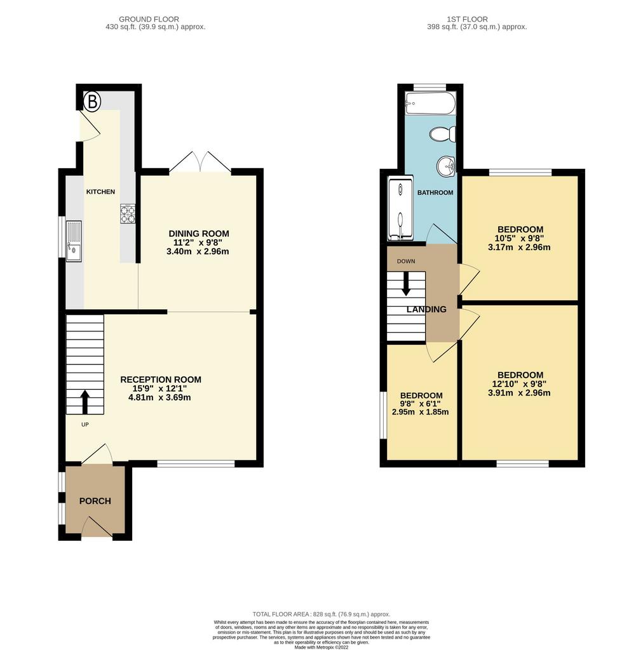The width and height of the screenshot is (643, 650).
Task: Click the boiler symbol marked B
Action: (92, 102)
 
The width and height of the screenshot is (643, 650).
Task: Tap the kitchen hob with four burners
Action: (128, 214)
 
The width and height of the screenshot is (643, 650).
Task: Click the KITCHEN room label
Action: (100, 192)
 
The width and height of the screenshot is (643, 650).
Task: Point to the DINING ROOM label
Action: (199, 234)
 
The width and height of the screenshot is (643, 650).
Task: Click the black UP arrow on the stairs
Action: (85, 402)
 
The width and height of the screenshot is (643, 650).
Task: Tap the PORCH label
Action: (95, 501)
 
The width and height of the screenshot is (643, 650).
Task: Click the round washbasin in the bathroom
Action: (446, 167)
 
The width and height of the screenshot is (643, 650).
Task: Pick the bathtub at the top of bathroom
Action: (430, 103)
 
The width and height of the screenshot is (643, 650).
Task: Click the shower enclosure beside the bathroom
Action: (400, 208)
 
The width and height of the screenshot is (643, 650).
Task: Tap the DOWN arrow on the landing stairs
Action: (406, 284)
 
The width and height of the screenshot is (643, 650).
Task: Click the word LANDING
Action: (426, 310)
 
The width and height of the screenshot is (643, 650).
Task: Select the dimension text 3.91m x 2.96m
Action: (519, 393)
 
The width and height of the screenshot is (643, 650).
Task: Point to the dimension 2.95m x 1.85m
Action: (420, 412)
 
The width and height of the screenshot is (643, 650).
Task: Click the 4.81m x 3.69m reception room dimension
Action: (159, 397)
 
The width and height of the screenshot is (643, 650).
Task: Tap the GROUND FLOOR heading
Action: (149, 19)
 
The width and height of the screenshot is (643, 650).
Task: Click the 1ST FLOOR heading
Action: (467, 19)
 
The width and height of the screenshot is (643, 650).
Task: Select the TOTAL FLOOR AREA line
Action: (321, 614)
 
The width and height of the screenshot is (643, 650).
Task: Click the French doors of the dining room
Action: (200, 162)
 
